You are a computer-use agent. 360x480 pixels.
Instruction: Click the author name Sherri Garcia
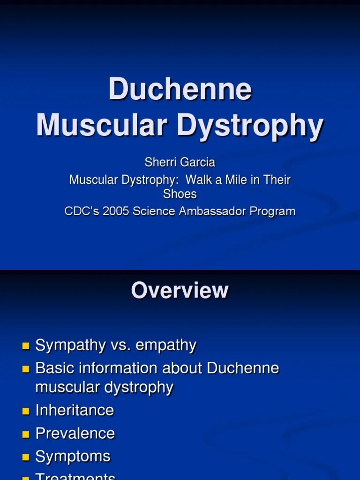tap(180, 163)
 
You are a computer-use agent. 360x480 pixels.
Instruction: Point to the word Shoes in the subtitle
tap(180, 194)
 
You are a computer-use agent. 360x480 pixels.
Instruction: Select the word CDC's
tap(80, 211)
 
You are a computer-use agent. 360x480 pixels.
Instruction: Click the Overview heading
tap(180, 290)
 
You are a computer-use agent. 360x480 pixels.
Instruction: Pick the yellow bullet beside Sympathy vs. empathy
tap(25, 346)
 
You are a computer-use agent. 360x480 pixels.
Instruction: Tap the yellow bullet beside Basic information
tap(25, 369)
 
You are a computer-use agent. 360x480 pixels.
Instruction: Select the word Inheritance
tap(75, 410)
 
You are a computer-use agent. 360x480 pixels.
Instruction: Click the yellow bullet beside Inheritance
tap(25, 411)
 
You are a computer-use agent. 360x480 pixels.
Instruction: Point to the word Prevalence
tap(75, 433)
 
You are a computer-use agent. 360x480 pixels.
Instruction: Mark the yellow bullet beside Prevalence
tap(25, 434)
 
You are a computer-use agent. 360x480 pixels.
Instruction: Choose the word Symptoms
tap(73, 457)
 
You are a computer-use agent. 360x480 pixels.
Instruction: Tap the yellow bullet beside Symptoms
tap(25, 457)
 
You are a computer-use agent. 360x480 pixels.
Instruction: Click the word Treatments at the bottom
tap(75, 476)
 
